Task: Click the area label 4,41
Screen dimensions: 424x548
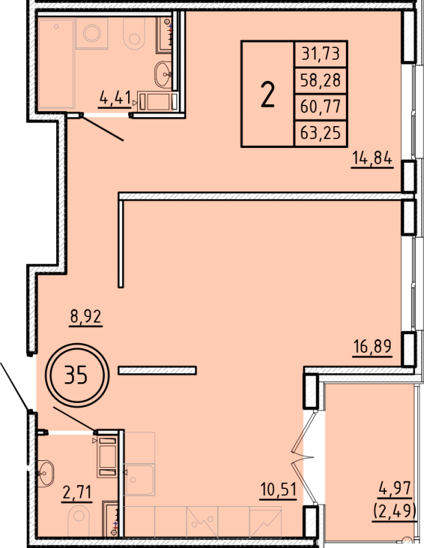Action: pos(115,97)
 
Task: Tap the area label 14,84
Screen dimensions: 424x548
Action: pos(372,159)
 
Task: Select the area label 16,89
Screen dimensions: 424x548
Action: pos(372,347)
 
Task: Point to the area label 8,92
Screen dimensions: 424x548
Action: pos(86,316)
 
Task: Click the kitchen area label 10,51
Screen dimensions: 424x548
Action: pos(278,490)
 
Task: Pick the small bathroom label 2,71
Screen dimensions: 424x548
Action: pos(77,493)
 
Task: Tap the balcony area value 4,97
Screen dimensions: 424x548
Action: pos(395,488)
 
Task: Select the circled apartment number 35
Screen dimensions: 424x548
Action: pos(76,375)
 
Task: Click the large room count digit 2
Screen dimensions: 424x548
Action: pos(268,94)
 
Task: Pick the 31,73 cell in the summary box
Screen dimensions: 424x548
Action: pos(321,54)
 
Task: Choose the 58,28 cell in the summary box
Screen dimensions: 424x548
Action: pos(321,80)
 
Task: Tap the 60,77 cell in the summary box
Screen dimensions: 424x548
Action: pos(321,107)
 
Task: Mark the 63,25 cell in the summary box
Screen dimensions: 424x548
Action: pos(321,133)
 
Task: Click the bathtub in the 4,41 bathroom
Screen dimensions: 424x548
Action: pos(56,63)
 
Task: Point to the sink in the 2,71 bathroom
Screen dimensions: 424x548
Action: pos(45,473)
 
